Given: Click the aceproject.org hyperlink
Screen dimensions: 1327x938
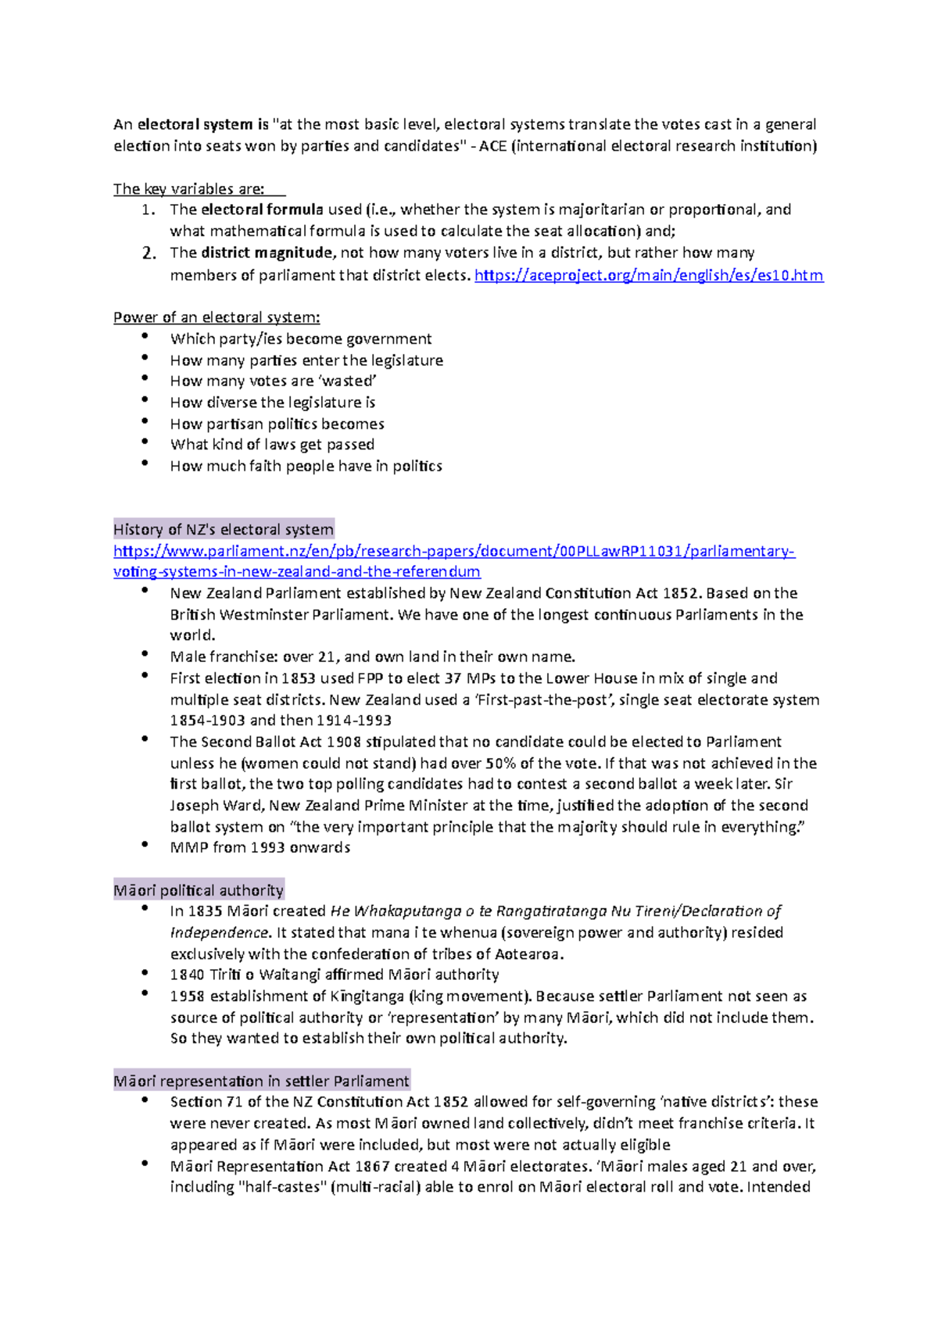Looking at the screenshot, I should tap(649, 275).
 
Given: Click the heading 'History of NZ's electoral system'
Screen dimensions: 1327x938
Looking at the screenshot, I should tap(224, 529).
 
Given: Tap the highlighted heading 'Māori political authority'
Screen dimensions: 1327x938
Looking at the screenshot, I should tap(199, 890).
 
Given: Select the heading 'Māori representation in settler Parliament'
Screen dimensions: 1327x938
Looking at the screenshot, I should tap(261, 1081).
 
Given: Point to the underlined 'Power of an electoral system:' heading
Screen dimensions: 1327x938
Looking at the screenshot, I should tap(217, 317).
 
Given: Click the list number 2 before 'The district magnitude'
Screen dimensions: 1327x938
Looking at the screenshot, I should tap(149, 253).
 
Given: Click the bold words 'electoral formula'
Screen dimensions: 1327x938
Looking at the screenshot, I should tap(262, 209).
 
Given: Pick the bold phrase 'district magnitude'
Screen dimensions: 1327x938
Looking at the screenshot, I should tap(267, 252).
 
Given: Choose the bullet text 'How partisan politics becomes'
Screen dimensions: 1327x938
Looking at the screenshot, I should tap(277, 424).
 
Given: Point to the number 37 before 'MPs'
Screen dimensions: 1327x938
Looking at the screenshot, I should tap(453, 678).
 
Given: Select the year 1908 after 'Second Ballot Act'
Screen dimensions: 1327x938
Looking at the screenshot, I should tap(344, 742).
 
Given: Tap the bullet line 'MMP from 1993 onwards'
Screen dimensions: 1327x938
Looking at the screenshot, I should tap(260, 847).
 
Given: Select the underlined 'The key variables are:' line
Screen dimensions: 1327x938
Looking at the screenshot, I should tap(189, 189).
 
